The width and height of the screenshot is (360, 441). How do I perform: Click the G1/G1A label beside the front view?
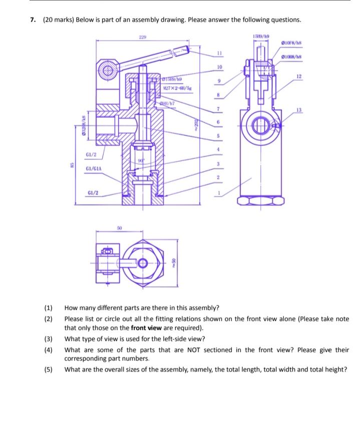pyautogui.click(x=95, y=169)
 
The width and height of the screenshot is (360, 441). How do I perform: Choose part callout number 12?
pyautogui.click(x=299, y=76)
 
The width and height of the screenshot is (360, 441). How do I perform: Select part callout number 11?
pyautogui.click(x=219, y=52)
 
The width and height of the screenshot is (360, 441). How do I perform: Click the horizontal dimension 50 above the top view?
pyautogui.click(x=119, y=228)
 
